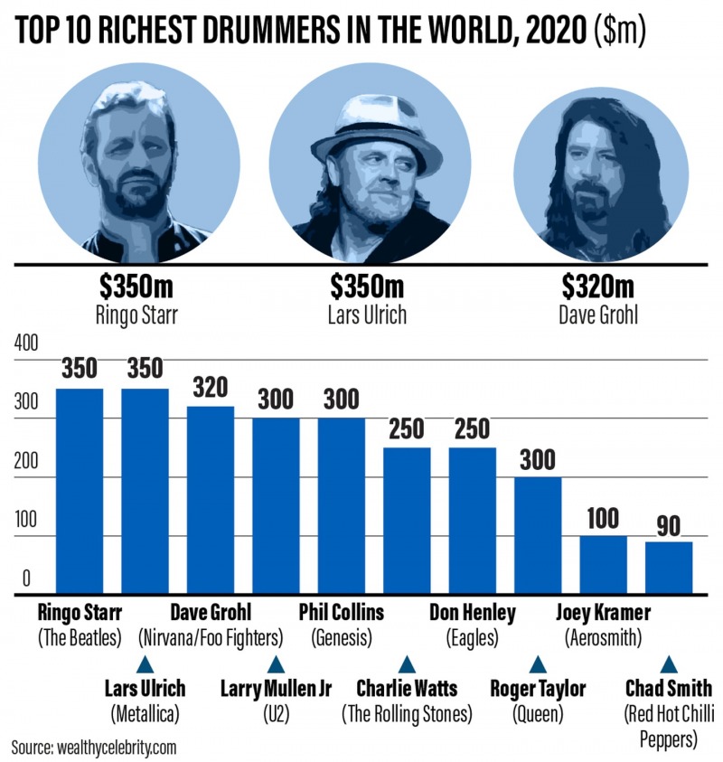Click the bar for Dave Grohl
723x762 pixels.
[210, 501]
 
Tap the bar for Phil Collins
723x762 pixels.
[341, 506]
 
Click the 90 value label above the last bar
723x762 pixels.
[669, 524]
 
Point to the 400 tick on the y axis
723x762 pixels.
[27, 344]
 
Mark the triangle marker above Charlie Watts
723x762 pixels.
[407, 663]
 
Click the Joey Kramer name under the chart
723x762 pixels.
[604, 614]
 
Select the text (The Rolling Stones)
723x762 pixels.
[407, 713]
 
